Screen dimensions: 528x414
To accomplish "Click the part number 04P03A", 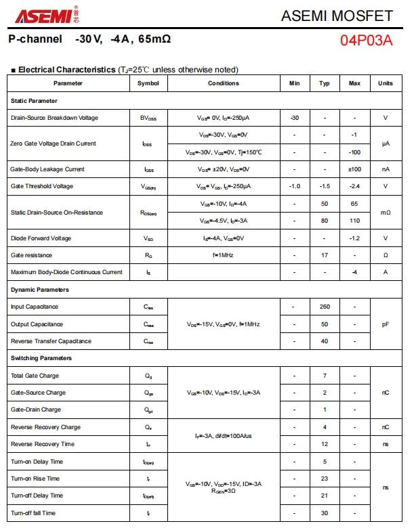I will point(366,40).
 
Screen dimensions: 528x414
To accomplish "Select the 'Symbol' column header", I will point(148,83).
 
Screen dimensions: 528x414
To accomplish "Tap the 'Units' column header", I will point(386,83).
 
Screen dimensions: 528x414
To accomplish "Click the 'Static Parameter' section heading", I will point(34,101).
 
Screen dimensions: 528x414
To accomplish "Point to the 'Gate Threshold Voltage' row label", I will point(42,186).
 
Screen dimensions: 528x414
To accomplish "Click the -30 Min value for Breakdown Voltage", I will point(294,118).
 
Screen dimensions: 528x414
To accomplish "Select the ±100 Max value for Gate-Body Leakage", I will point(354,169).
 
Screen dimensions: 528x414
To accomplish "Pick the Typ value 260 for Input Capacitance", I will point(325,307).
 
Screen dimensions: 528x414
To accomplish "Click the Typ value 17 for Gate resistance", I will point(325,255).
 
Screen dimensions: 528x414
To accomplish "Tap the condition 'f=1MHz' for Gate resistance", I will point(223,255).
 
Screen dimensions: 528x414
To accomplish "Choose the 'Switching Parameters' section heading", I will point(41,358).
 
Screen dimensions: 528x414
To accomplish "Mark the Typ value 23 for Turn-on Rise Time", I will point(325,479).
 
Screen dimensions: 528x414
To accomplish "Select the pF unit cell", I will point(386,324).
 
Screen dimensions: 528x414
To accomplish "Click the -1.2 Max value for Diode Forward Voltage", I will point(354,238).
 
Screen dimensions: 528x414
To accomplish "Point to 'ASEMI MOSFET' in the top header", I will point(337,16).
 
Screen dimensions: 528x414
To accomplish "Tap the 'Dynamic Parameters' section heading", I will point(40,290).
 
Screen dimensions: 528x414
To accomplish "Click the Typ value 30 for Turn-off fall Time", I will point(325,513).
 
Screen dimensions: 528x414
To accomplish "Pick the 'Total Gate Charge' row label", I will point(35,376).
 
